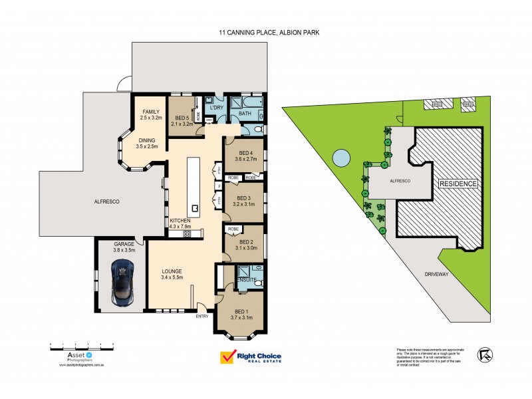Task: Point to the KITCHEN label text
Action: tap(181, 220)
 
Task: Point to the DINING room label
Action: tap(147, 140)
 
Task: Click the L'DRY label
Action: tap(216, 108)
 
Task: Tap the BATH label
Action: tap(245, 114)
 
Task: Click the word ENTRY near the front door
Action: tap(201, 316)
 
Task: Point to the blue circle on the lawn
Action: tap(340, 158)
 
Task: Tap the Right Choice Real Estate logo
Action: tap(251, 357)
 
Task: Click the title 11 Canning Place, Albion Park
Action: tap(266, 31)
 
